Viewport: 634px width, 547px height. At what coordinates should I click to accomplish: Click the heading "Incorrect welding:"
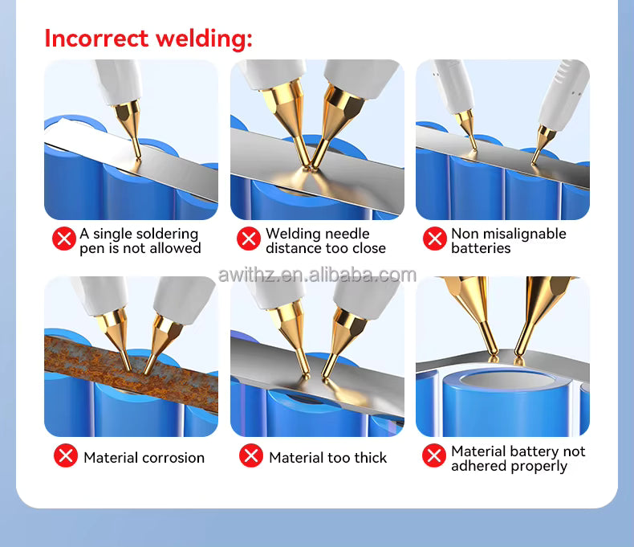point(148,38)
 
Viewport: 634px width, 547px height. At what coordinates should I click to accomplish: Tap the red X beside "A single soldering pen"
point(63,239)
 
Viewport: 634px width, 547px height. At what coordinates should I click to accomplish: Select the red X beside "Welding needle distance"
point(250,239)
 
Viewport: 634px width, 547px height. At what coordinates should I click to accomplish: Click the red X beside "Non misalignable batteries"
point(434,239)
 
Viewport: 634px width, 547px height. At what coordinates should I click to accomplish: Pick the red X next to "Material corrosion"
point(66,455)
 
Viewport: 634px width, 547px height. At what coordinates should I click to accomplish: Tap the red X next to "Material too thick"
point(251,455)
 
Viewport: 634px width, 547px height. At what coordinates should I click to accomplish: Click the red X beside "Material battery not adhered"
point(434,456)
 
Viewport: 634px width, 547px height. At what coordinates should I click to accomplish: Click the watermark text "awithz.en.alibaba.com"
point(317,276)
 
